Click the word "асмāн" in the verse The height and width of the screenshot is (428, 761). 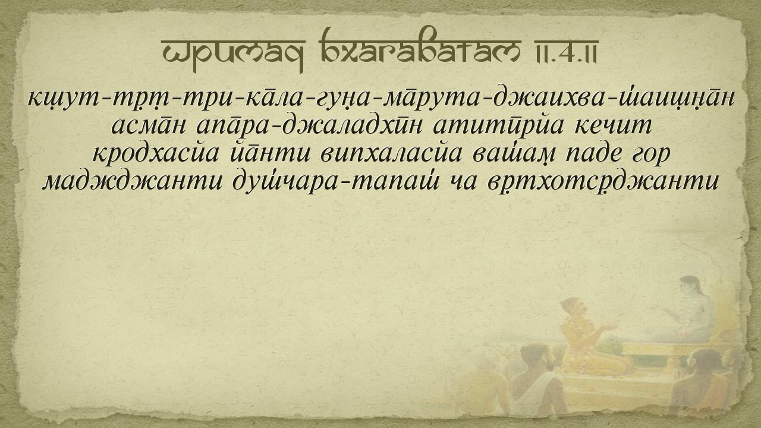pyautogui.click(x=149, y=125)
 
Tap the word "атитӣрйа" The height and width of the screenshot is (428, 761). pyautogui.click(x=498, y=127)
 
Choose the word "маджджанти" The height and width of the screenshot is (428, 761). pyautogui.click(x=133, y=182)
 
